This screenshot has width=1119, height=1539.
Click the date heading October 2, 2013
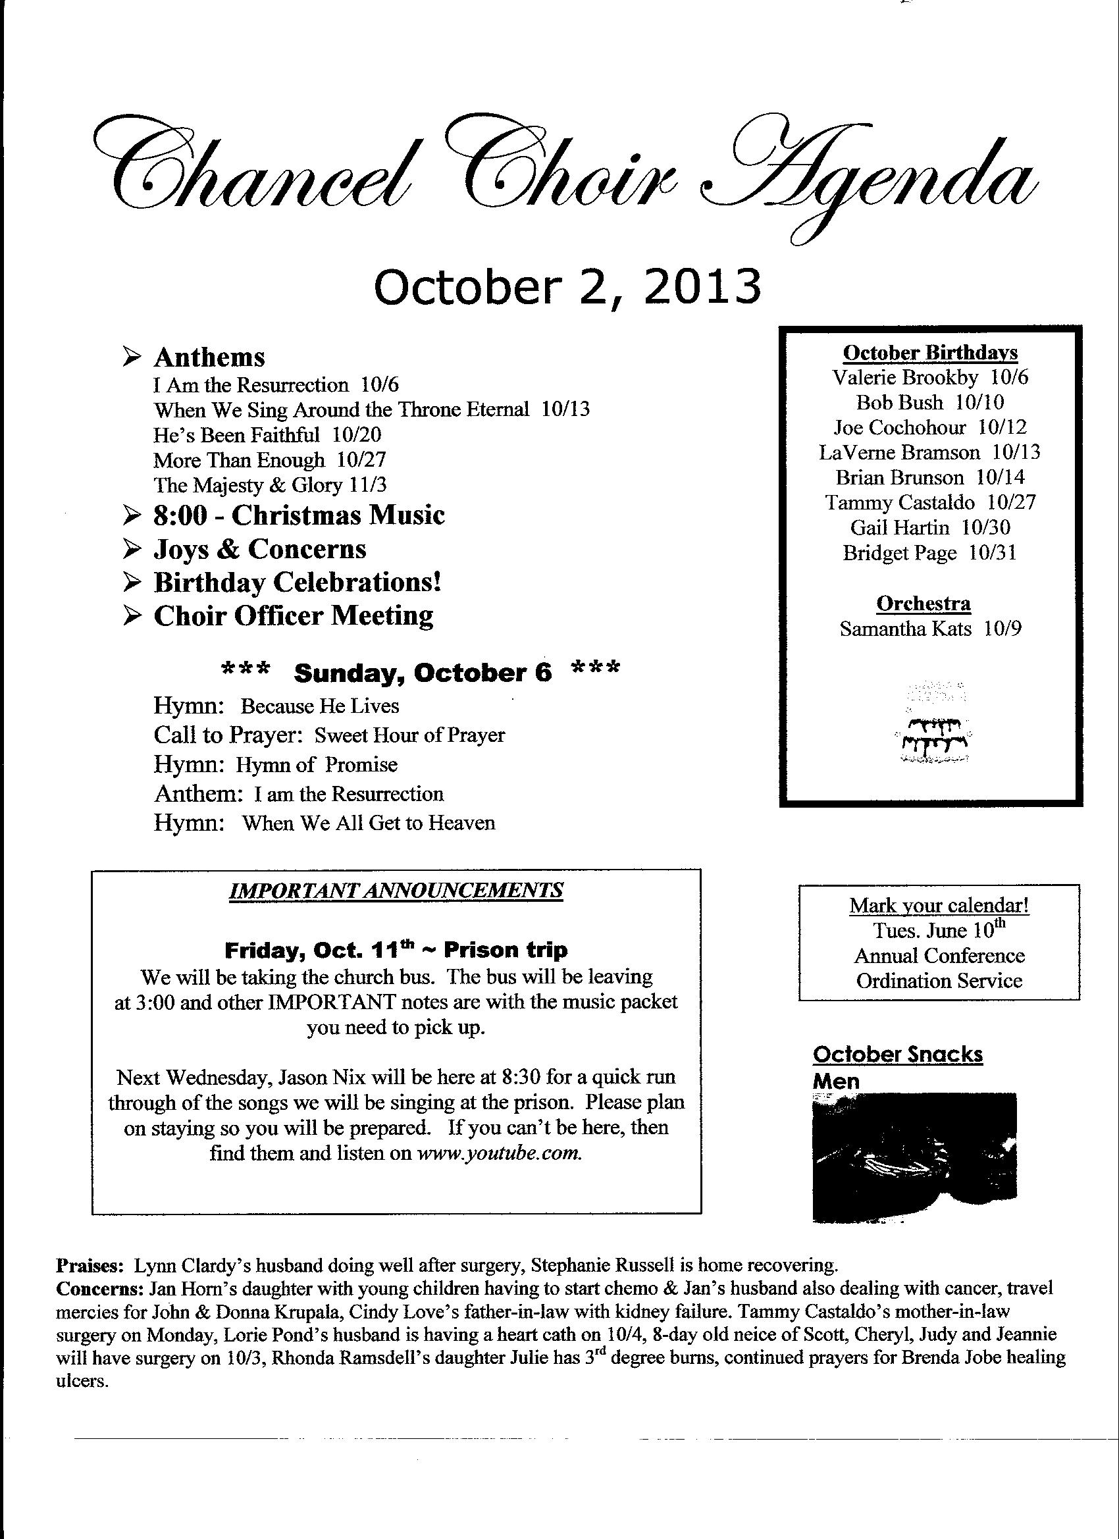click(567, 287)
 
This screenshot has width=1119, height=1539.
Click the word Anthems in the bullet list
click(209, 357)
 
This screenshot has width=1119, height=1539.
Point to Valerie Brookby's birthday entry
click(929, 377)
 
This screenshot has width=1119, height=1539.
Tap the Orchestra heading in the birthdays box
click(923, 603)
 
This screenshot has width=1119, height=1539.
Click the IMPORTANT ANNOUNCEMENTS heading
click(396, 890)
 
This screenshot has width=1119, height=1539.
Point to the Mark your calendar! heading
click(939, 905)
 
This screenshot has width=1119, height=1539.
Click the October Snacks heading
click(897, 1055)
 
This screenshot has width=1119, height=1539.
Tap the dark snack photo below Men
click(914, 1157)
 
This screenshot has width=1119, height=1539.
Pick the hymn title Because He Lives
click(320, 706)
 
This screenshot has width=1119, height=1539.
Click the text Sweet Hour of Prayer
click(410, 735)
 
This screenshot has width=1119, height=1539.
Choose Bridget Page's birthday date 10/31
click(993, 553)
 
